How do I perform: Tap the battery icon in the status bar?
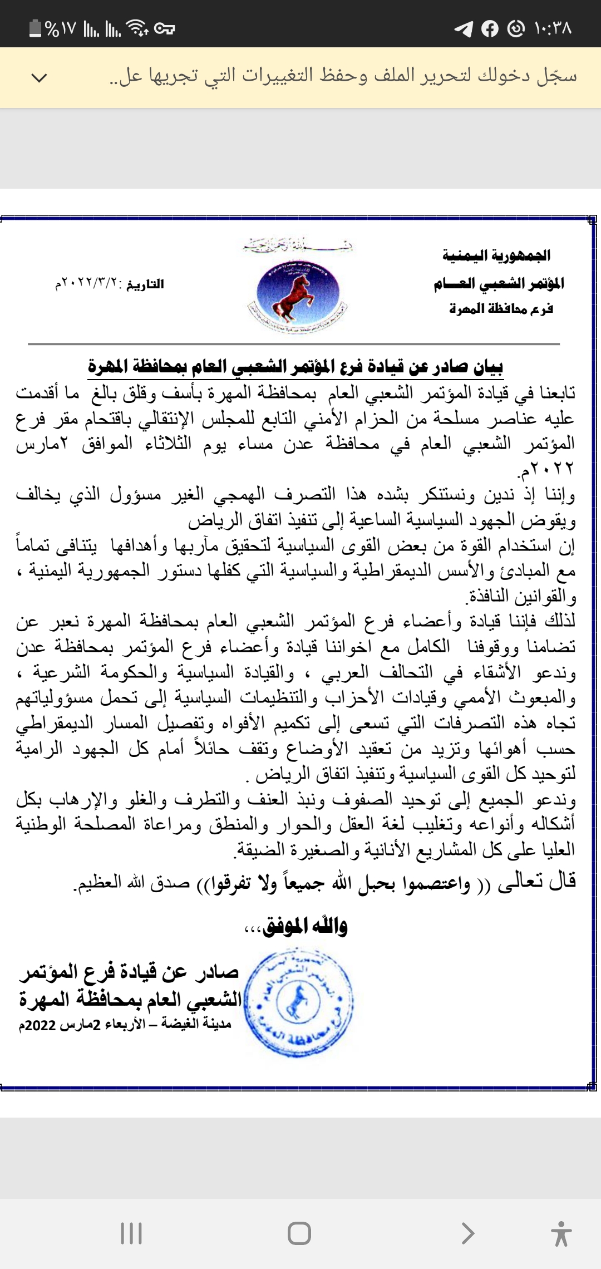click(x=35, y=28)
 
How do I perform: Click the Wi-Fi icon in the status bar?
click(x=137, y=28)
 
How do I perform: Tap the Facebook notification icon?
click(x=490, y=28)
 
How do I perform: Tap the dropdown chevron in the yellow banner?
click(x=39, y=77)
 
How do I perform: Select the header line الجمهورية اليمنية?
click(x=496, y=255)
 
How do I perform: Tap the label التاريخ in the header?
click(x=145, y=284)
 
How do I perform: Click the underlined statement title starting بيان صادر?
click(x=295, y=367)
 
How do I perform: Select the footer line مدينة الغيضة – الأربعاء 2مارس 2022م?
click(x=125, y=1025)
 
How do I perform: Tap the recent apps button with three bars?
click(x=131, y=1233)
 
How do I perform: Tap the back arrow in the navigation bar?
click(x=468, y=1233)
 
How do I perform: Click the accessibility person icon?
click(x=561, y=1233)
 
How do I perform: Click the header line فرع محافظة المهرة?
click(x=501, y=309)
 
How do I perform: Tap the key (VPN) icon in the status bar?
click(x=164, y=28)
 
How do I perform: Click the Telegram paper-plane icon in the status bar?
click(x=463, y=28)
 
